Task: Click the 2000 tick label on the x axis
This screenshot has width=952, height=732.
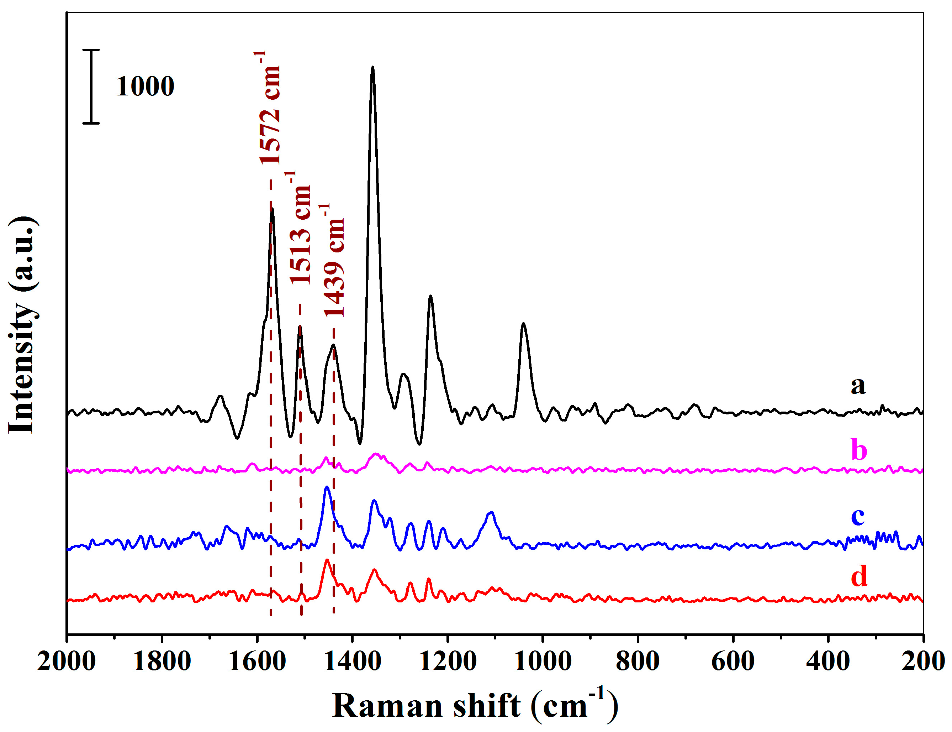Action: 66,662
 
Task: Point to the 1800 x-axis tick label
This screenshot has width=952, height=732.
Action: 162,662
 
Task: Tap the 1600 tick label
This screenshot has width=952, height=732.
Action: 257,662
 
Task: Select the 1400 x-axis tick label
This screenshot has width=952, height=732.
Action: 352,662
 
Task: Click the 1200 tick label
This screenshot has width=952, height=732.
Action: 448,662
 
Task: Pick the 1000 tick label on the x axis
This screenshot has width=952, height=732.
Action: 543,662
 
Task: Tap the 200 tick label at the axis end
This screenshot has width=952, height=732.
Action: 923,662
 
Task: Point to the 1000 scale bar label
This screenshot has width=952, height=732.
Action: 145,86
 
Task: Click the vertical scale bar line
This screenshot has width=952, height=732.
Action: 91,86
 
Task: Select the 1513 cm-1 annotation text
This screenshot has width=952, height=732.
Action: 300,228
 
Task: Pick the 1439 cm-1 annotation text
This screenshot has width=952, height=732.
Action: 333,261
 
